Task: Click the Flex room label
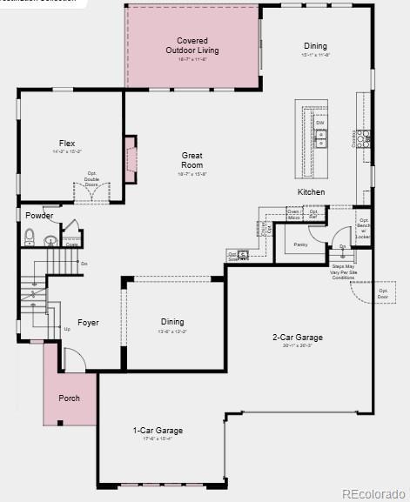click(x=67, y=143)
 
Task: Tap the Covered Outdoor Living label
click(x=192, y=45)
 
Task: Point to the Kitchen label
click(x=311, y=192)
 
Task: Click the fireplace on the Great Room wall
click(x=130, y=159)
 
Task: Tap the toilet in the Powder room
click(x=29, y=235)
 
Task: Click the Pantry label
click(x=301, y=244)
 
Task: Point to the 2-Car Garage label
click(x=298, y=338)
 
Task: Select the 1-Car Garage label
click(x=158, y=431)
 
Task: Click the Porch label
click(x=70, y=398)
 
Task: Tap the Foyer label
click(x=88, y=323)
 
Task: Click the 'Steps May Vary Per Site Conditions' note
click(x=344, y=271)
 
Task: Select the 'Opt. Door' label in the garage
click(x=383, y=293)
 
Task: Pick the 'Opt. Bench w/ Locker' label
click(x=363, y=228)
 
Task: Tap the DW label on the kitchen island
click(x=320, y=124)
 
